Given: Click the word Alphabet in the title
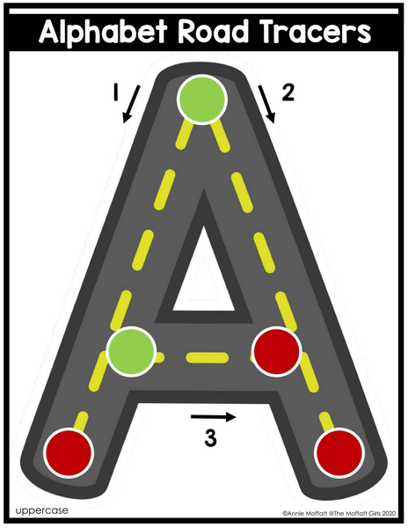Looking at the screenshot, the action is [x=103, y=32].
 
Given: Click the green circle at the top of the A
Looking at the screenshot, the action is [x=202, y=99].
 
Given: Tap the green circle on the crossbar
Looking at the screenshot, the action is [x=131, y=351].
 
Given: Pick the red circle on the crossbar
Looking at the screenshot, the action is [x=276, y=351].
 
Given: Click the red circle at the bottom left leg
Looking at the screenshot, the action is [x=69, y=453].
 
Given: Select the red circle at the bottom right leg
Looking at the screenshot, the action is [x=339, y=453].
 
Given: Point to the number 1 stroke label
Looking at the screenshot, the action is [x=116, y=92].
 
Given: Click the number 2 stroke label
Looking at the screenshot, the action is [x=288, y=92].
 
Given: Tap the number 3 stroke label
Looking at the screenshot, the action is [x=210, y=438].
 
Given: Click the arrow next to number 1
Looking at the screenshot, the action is [x=131, y=104].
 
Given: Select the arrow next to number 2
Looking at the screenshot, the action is [x=266, y=104].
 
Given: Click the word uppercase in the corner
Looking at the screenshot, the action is [x=41, y=510].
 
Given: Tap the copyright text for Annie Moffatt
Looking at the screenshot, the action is [x=339, y=514].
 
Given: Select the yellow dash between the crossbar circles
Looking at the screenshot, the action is [x=208, y=357].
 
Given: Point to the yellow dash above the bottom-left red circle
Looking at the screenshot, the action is [x=81, y=421].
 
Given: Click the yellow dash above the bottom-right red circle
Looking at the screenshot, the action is [x=326, y=421].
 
